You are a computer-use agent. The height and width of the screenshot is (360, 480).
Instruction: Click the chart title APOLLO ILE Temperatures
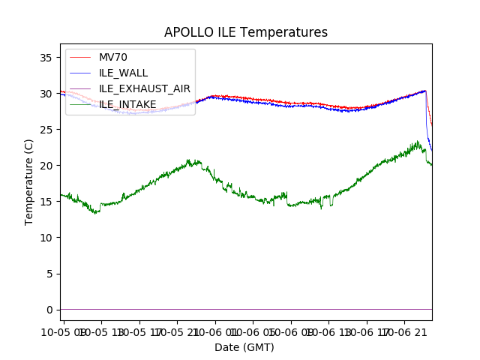coord(246,33)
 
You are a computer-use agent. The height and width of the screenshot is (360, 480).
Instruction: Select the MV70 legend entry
coord(113,57)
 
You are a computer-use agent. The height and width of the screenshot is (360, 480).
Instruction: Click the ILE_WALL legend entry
coord(123,73)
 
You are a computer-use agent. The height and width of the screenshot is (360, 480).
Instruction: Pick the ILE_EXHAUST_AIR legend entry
coord(144,88)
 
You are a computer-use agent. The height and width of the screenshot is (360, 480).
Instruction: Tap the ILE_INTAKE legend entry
coord(127,104)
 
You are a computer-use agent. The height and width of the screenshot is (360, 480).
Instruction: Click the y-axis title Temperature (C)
coord(29,182)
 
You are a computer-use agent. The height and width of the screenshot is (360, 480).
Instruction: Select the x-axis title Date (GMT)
coord(244,347)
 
